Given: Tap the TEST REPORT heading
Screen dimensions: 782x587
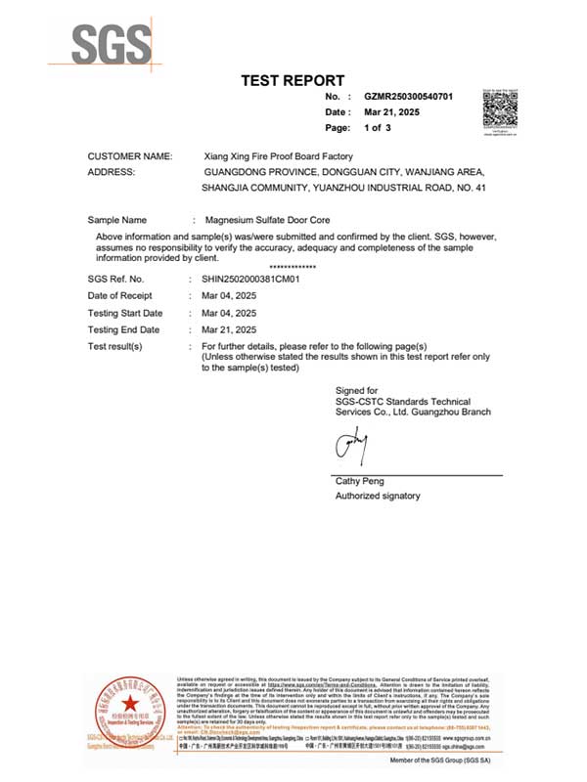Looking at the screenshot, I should click(x=293, y=80).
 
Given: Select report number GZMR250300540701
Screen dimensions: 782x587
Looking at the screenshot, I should click(x=409, y=98).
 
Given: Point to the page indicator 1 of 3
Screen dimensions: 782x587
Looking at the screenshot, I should click(x=378, y=128).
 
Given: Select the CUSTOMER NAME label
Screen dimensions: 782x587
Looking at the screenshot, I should click(x=130, y=156).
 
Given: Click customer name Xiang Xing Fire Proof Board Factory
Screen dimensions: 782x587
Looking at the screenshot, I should click(x=277, y=156).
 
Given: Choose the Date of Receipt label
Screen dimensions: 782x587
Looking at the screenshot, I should click(x=120, y=296).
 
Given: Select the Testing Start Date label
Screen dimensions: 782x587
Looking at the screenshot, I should click(x=125, y=313).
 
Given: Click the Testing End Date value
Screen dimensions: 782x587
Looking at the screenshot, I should click(x=229, y=329).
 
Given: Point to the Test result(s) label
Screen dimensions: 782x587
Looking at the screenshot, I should click(x=115, y=347).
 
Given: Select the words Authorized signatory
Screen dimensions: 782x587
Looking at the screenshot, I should click(x=378, y=497).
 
